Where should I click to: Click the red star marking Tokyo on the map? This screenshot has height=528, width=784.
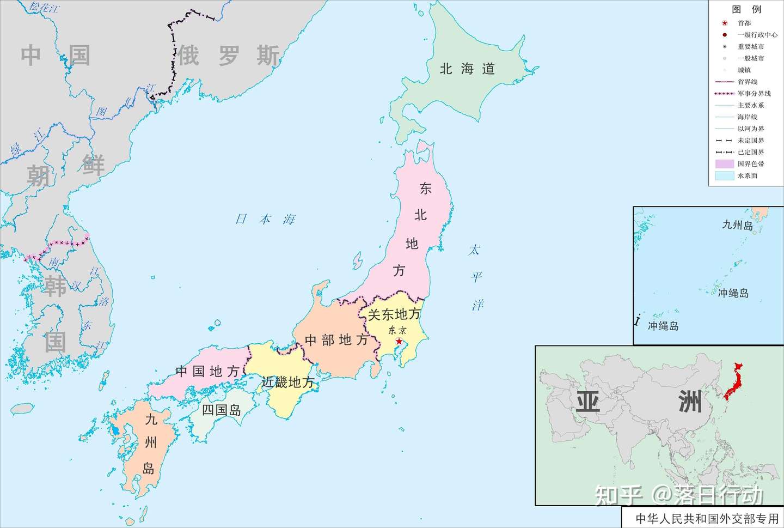(399, 341)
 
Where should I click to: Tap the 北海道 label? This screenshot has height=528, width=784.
(467, 69)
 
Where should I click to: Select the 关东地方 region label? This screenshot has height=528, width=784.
(394, 314)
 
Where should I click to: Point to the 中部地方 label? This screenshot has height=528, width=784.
(336, 340)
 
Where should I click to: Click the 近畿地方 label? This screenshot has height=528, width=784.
(287, 382)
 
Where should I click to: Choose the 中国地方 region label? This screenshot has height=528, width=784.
(207, 372)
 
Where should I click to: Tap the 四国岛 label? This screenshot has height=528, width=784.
(221, 410)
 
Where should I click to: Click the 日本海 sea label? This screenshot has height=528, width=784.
(265, 219)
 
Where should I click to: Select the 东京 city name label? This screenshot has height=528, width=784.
(397, 330)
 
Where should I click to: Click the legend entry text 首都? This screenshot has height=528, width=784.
(744, 23)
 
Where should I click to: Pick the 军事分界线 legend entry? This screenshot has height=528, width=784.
(754, 93)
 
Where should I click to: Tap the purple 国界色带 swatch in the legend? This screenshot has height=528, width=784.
(724, 163)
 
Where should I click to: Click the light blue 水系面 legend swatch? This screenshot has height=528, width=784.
(724, 175)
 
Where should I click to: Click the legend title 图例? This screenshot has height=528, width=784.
(746, 9)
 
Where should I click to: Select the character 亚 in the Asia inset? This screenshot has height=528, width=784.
(588, 402)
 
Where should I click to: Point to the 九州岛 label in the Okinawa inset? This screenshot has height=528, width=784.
(737, 224)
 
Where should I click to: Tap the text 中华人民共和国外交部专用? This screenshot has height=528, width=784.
(707, 518)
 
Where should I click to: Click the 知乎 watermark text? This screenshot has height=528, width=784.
(618, 495)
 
